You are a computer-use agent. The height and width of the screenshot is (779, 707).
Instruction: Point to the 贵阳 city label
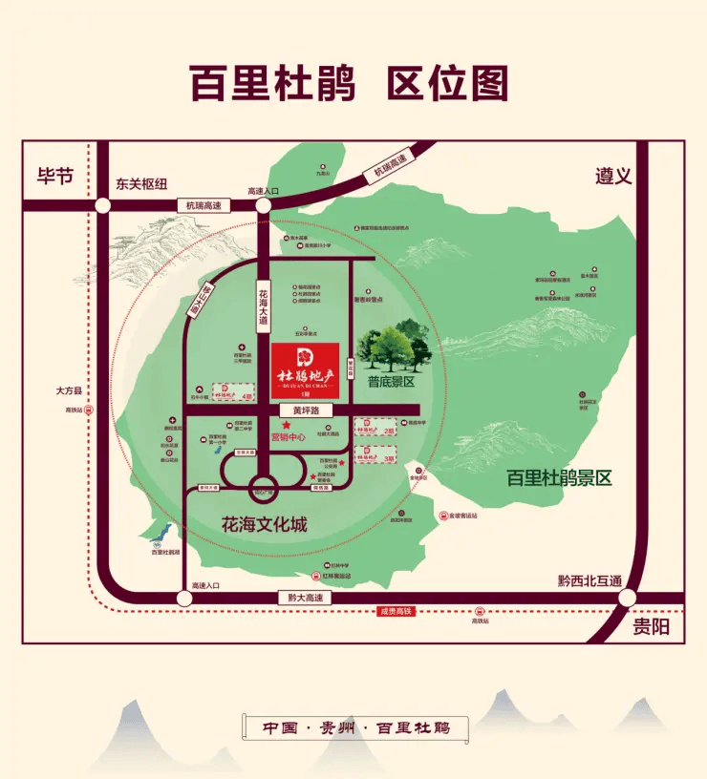point(652,627)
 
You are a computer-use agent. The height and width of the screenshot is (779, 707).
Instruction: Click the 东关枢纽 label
point(141,184)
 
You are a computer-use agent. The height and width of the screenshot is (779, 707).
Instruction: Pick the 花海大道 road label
point(263,307)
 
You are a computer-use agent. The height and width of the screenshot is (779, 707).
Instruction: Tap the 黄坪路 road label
point(306,411)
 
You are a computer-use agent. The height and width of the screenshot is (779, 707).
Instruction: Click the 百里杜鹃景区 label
point(559,478)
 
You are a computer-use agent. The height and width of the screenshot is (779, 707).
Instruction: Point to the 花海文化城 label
point(264,524)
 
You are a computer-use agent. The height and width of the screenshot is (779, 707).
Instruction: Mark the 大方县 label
point(71,390)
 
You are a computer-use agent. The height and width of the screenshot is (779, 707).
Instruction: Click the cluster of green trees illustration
point(394,346)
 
